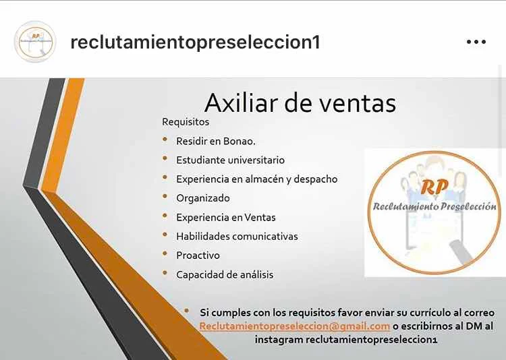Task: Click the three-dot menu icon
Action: [x=476, y=42]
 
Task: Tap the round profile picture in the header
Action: [x=35, y=42]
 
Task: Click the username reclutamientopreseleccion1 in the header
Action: [x=195, y=42]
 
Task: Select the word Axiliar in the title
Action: [x=241, y=103]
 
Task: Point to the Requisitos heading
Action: [x=186, y=122]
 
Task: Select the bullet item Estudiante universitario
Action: [x=231, y=160]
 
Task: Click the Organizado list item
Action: [x=203, y=198]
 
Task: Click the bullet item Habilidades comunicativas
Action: [x=237, y=237]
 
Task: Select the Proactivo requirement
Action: [x=198, y=256]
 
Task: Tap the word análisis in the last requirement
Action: [x=256, y=275]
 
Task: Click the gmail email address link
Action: [x=295, y=326]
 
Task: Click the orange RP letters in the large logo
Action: [x=434, y=187]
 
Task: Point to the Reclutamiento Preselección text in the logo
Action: [x=434, y=206]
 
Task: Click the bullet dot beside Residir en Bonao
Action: [x=165, y=140]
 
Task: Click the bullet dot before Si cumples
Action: [x=186, y=311]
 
